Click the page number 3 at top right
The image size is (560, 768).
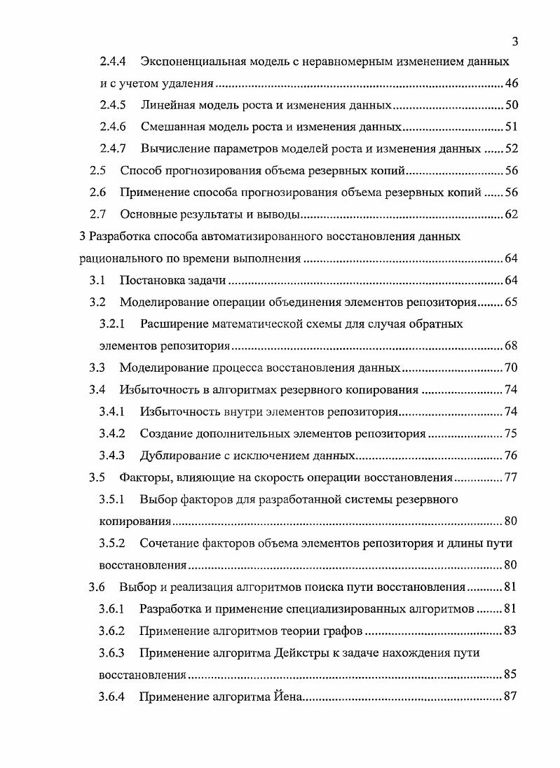[514, 41]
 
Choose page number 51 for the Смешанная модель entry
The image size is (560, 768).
[510, 127]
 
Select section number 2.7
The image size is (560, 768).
[98, 214]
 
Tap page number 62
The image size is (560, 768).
[510, 214]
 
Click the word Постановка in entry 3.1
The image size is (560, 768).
[150, 281]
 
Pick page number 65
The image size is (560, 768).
[510, 302]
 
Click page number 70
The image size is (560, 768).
[510, 368]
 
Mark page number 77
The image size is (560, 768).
[510, 478]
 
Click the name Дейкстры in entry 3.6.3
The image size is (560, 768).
[312, 653]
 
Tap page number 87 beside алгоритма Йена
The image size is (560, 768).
[510, 697]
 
